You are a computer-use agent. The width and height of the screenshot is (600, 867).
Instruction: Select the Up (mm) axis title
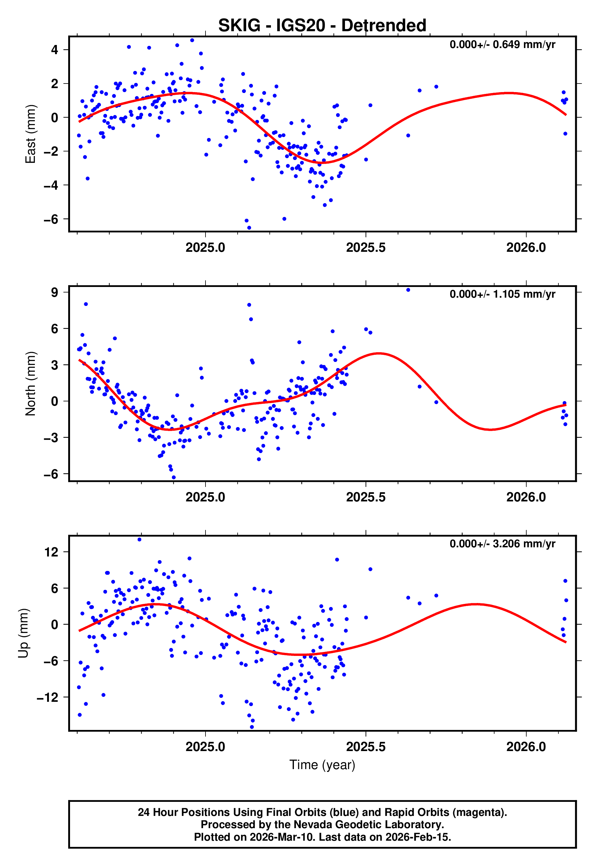23,633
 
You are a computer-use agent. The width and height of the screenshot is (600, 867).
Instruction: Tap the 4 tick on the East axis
54,50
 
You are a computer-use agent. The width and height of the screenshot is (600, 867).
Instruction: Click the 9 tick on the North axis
54,292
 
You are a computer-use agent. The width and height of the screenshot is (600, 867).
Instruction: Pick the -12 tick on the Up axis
48,697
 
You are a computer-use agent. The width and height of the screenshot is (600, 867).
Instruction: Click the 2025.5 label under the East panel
365,247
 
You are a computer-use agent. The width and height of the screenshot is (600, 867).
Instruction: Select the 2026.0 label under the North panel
526,497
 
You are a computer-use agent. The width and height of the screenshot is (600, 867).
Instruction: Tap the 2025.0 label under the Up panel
205,747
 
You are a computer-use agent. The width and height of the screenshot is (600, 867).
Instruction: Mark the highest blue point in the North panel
408,290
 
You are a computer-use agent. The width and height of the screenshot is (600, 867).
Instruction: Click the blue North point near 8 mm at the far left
86,304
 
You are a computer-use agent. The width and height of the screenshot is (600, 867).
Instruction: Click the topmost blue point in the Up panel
139,540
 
